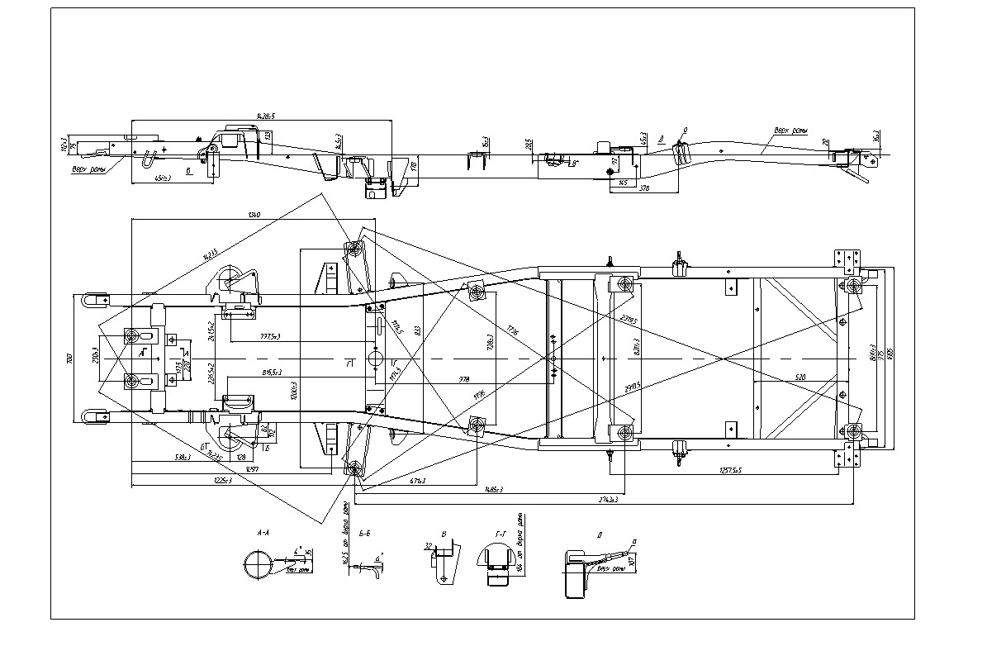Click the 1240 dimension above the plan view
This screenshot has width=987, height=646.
click(254, 216)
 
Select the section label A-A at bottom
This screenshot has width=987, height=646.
click(264, 534)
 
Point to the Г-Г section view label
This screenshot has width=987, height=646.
click(500, 534)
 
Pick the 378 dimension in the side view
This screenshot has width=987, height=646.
click(643, 189)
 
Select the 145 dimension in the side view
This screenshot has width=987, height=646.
click(624, 181)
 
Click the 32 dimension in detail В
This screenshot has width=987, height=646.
click(429, 546)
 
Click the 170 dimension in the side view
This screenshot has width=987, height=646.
click(414, 165)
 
